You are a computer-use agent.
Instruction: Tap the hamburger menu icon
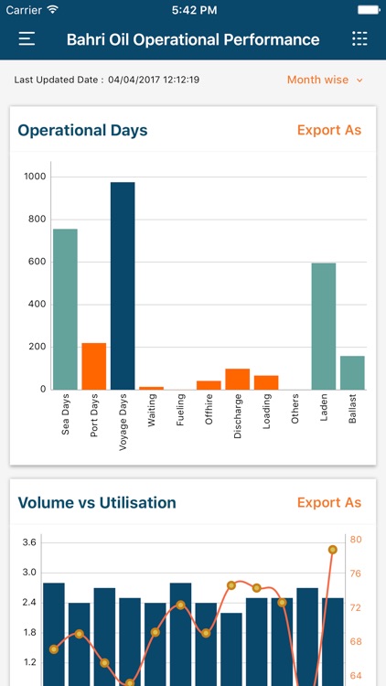tap(27, 39)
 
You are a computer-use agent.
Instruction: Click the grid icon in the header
tap(359, 39)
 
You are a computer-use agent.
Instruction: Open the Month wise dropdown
tap(325, 80)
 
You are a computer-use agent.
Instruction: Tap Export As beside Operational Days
tap(329, 130)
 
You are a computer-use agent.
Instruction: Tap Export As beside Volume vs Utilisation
tap(329, 502)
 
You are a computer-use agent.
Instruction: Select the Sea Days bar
tap(65, 309)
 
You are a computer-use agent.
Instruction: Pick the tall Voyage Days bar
tap(123, 285)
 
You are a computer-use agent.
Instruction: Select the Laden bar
tap(324, 326)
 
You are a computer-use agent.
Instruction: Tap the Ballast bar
tap(352, 372)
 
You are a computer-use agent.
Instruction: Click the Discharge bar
tap(238, 379)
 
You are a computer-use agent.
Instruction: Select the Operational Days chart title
tap(82, 130)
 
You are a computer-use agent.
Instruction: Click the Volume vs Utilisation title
tap(97, 502)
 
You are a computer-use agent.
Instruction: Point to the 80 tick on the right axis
tap(356, 540)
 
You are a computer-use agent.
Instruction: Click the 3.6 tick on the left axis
tap(28, 542)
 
